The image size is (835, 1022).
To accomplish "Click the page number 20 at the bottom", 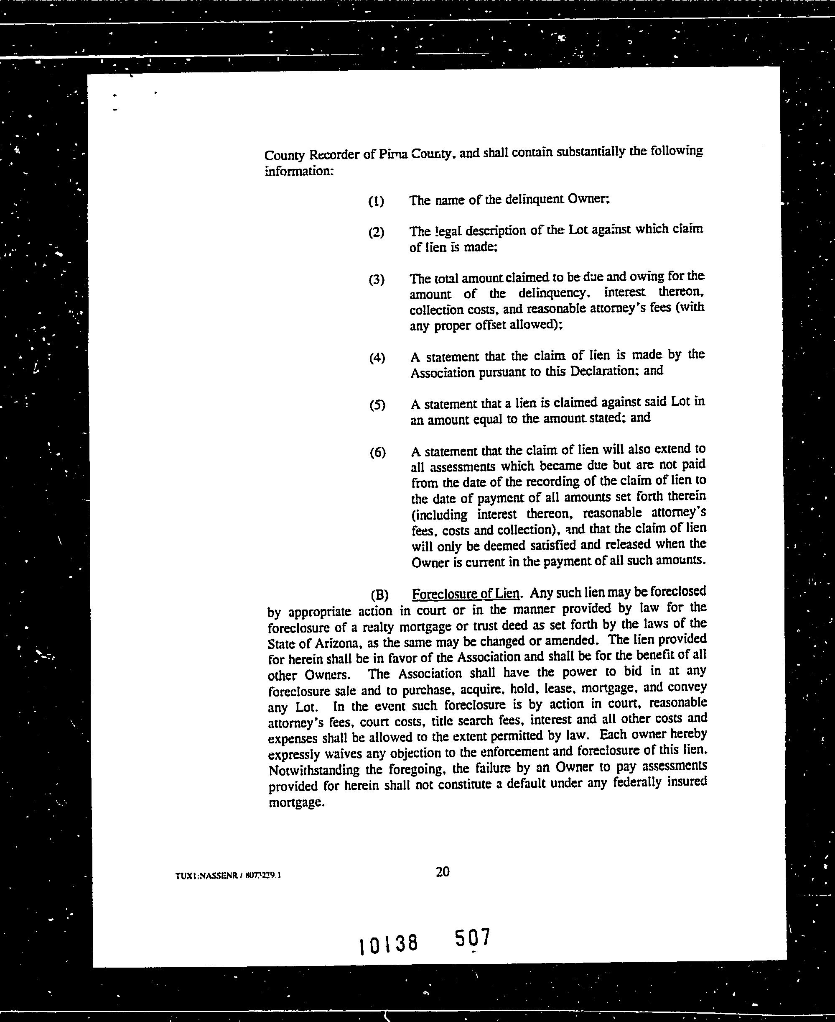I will [442, 872].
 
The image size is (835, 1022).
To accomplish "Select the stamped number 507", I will [472, 937].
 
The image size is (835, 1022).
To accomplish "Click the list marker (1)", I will [376, 201].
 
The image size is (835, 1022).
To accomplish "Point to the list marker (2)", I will [376, 233].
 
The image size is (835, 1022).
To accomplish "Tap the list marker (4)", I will [377, 358].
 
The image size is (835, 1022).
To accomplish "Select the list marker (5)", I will [377, 405].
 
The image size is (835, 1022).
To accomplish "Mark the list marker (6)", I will [377, 452].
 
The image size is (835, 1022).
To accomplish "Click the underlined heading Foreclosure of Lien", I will [466, 594].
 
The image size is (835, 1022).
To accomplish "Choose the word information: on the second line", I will [299, 171].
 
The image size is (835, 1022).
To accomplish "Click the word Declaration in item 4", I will [603, 371].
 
